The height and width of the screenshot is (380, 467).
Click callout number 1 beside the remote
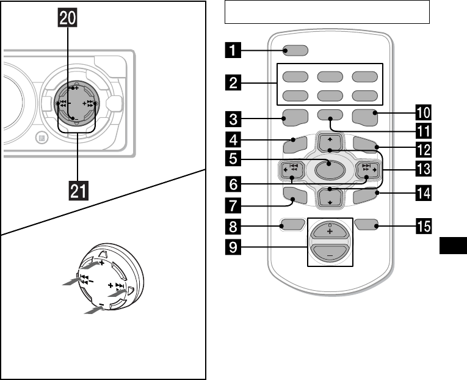(233, 49)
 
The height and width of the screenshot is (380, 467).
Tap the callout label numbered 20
(68, 18)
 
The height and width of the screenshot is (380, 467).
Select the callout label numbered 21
(78, 191)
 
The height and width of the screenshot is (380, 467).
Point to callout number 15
(424, 226)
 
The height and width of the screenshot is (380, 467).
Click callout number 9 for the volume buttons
(233, 247)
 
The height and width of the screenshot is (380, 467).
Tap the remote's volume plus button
(330, 230)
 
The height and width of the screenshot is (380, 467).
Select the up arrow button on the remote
(330, 142)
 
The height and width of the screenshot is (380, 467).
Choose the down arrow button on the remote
(330, 197)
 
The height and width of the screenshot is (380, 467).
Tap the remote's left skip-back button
(293, 170)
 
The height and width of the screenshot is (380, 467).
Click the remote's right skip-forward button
(368, 170)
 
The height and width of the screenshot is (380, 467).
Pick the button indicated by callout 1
(295, 50)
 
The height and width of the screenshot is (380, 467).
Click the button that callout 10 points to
(365, 117)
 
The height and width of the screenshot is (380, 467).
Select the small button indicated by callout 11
(330, 115)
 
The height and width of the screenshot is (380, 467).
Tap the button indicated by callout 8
(292, 224)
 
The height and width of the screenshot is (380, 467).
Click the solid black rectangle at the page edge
(454, 246)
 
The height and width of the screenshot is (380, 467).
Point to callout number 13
(424, 169)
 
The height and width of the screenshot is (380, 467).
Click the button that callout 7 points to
(295, 196)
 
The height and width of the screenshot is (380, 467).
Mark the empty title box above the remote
(327, 12)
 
